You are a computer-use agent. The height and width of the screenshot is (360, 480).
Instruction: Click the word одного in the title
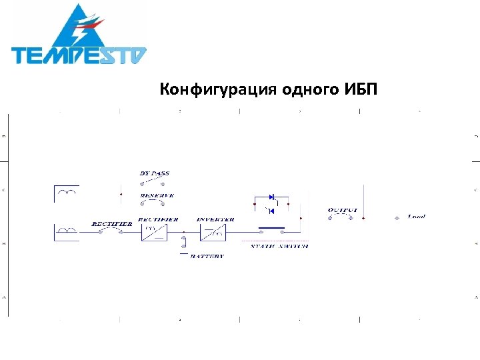click(x=307, y=90)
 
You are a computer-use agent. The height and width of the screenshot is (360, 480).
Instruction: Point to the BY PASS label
click(x=154, y=173)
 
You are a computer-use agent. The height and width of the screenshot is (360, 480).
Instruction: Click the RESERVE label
click(x=157, y=195)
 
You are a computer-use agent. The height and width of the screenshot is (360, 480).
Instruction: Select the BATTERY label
click(x=207, y=255)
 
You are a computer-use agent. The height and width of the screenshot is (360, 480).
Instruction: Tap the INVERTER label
click(x=215, y=219)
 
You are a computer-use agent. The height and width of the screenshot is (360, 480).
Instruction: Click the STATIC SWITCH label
click(x=279, y=247)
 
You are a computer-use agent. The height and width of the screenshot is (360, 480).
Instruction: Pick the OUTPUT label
click(x=342, y=210)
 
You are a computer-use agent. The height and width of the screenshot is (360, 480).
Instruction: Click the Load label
click(x=417, y=217)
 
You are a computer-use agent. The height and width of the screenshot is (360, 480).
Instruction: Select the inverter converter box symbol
click(x=213, y=232)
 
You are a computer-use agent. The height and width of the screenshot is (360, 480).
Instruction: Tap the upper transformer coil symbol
click(x=67, y=193)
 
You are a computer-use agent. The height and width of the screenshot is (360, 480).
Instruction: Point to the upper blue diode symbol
click(x=271, y=197)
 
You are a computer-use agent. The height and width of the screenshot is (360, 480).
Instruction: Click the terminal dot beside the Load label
click(x=397, y=217)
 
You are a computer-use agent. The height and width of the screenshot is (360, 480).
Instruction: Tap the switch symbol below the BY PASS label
click(x=154, y=183)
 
